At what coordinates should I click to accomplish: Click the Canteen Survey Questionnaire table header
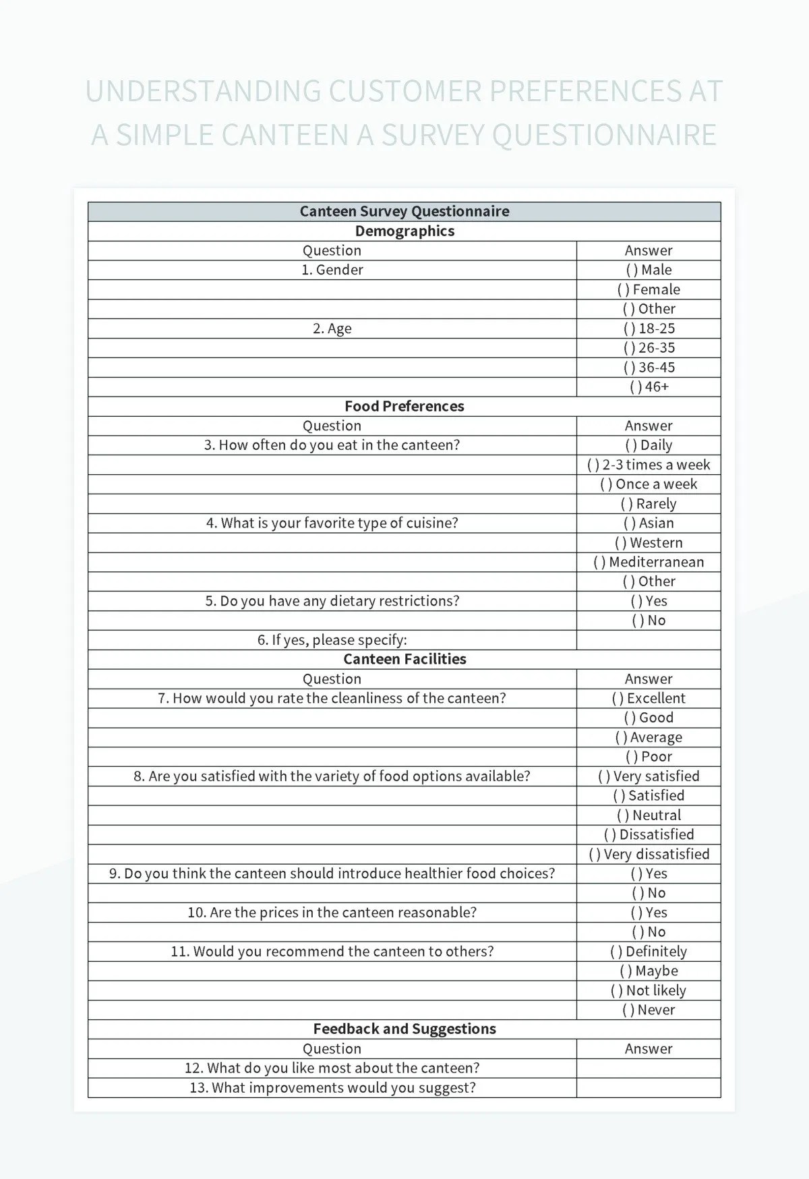[x=404, y=211]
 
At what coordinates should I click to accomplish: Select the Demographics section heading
[x=404, y=231]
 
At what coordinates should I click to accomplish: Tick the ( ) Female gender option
[x=649, y=289]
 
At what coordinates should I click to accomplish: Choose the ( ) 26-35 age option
[x=649, y=348]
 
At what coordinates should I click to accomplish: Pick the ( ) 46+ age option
[x=649, y=387]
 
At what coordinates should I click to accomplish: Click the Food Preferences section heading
[x=404, y=406]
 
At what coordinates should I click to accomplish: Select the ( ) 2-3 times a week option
[x=649, y=465]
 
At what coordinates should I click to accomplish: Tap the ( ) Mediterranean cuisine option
[x=649, y=562]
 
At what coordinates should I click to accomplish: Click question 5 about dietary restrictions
[x=332, y=601]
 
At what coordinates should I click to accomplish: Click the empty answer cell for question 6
[x=649, y=640]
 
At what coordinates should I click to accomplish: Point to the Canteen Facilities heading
[x=404, y=659]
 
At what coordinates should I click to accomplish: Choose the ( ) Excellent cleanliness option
[x=649, y=698]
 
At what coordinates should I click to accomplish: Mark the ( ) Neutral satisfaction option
[x=649, y=815]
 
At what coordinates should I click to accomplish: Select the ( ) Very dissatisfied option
[x=649, y=854]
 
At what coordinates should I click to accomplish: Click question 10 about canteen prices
[x=332, y=913]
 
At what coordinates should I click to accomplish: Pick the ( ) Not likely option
[x=649, y=990]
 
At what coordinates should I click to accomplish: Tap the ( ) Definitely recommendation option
[x=649, y=952]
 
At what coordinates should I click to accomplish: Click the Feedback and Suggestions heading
[x=404, y=1029]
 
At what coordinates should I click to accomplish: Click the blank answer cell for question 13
[x=649, y=1087]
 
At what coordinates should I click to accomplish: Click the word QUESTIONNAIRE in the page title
[x=604, y=135]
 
